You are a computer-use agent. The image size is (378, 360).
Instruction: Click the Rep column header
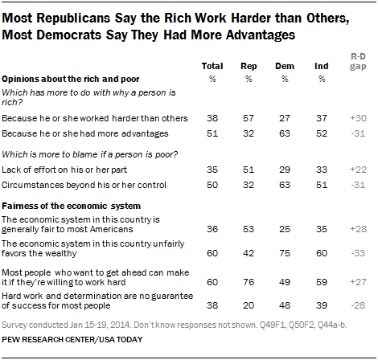click(x=249, y=66)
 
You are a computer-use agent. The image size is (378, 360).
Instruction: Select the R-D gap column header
click(x=358, y=61)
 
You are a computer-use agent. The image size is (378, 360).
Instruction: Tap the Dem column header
click(x=285, y=66)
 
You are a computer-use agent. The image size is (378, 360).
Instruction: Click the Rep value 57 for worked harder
click(x=249, y=118)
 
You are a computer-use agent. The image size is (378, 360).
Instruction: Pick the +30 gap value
click(x=358, y=118)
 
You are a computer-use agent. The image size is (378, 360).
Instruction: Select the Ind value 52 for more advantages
click(x=322, y=133)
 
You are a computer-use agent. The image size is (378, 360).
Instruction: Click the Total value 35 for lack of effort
click(x=212, y=170)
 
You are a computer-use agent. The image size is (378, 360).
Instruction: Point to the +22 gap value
click(x=358, y=170)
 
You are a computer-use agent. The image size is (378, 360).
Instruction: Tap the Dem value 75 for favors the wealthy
click(x=285, y=253)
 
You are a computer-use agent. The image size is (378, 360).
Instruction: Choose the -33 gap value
click(x=358, y=253)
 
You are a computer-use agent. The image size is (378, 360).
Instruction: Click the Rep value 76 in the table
click(x=249, y=282)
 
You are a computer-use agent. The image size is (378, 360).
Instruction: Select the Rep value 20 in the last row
click(x=249, y=305)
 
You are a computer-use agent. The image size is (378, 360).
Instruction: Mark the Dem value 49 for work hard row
click(x=285, y=282)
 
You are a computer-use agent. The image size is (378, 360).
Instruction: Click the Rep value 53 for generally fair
click(x=249, y=229)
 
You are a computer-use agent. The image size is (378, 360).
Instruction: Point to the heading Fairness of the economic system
click(x=71, y=206)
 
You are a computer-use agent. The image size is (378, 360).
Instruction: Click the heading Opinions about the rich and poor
click(x=71, y=80)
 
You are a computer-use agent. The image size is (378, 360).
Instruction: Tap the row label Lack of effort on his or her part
click(x=64, y=170)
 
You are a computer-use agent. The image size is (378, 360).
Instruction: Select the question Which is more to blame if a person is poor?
click(x=90, y=154)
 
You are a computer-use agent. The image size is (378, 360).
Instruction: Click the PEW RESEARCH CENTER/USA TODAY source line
click(x=72, y=340)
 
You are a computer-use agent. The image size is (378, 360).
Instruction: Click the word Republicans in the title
click(x=73, y=18)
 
